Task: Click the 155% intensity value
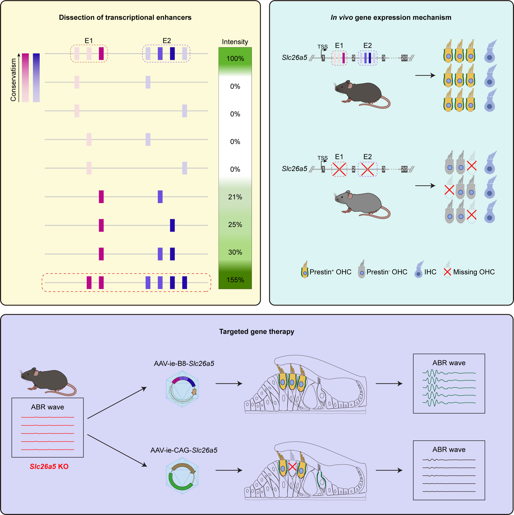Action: click(x=235, y=280)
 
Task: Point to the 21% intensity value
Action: click(x=235, y=197)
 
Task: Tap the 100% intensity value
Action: click(x=235, y=59)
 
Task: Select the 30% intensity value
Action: click(x=235, y=252)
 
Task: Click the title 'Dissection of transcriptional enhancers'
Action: click(x=125, y=18)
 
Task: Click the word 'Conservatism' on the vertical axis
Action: click(x=14, y=80)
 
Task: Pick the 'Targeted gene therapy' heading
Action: click(x=256, y=332)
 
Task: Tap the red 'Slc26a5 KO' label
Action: click(x=49, y=466)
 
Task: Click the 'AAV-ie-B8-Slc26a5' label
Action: click(x=184, y=364)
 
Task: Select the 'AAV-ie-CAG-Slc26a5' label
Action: click(x=184, y=450)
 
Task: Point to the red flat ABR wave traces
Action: click(x=47, y=433)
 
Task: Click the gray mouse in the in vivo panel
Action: click(x=361, y=203)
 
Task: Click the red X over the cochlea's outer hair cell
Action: click(x=292, y=467)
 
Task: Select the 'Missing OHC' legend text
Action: click(x=474, y=272)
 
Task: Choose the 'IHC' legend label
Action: click(x=430, y=272)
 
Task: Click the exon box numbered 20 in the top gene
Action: click(x=404, y=58)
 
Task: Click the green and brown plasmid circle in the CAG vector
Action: click(x=182, y=477)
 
